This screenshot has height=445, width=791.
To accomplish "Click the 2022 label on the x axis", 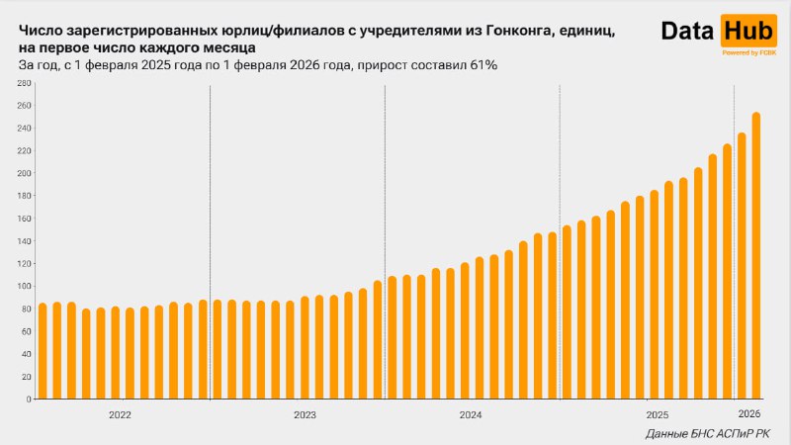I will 120,415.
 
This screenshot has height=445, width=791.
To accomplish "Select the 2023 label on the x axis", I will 305,415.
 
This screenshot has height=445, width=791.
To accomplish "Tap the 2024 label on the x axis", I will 472,415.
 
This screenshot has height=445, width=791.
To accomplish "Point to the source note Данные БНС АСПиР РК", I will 702,434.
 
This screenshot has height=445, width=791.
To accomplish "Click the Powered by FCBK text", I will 747,52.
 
